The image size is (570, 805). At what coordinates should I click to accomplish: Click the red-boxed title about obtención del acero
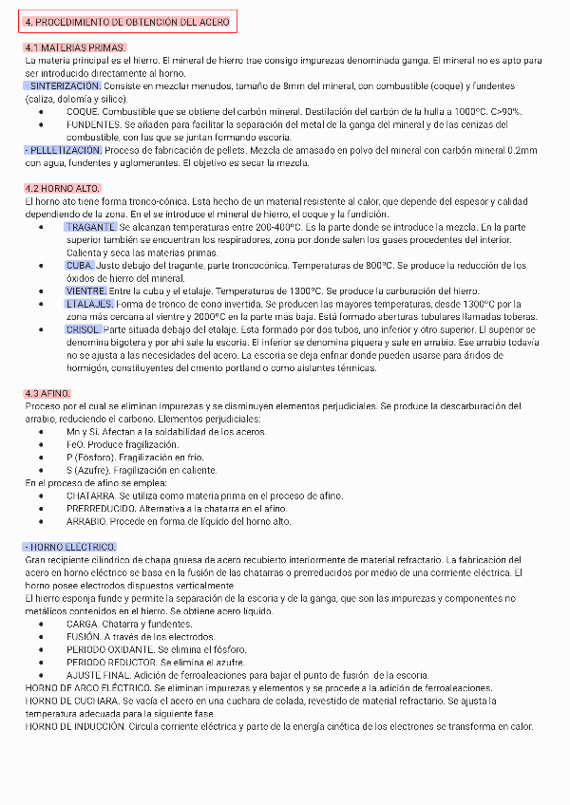click(x=127, y=21)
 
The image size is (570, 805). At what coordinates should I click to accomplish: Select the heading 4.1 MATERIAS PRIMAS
click(x=74, y=47)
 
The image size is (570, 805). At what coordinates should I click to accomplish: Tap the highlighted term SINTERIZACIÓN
click(x=65, y=85)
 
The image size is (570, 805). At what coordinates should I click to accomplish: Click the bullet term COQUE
click(x=83, y=111)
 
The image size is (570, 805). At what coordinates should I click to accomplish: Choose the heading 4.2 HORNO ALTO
click(x=63, y=188)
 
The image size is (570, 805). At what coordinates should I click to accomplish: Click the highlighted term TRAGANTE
click(x=91, y=227)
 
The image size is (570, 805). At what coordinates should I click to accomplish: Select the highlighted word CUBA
click(x=80, y=266)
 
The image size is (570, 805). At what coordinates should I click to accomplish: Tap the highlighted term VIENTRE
click(x=86, y=290)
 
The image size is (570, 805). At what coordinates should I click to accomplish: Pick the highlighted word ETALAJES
click(x=89, y=304)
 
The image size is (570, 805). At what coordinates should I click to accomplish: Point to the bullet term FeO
click(x=75, y=444)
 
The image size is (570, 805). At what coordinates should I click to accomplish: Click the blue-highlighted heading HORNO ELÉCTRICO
click(x=70, y=548)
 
